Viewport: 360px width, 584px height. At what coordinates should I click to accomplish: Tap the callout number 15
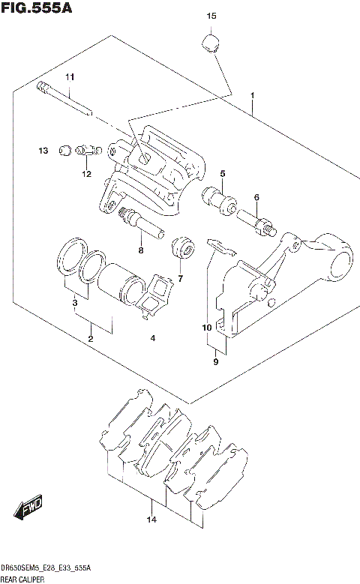[211, 16]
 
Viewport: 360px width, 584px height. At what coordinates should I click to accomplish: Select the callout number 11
[70, 78]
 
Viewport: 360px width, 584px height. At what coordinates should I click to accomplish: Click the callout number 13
[44, 151]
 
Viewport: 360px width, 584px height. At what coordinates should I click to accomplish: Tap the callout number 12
[87, 174]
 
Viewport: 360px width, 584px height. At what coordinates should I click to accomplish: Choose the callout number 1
[255, 96]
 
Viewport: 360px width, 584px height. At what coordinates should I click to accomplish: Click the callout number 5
[223, 174]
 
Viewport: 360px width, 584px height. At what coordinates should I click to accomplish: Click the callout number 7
[180, 278]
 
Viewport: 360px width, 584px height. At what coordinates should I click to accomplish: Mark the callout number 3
[75, 303]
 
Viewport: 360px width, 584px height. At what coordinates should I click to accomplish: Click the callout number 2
[91, 339]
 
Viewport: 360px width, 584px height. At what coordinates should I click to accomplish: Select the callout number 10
[207, 328]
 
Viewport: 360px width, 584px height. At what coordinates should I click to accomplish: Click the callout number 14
[151, 520]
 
